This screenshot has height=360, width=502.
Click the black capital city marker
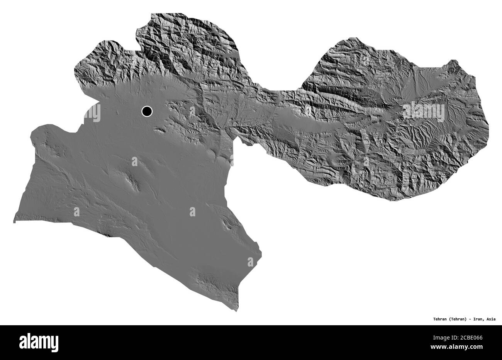click(x=147, y=111)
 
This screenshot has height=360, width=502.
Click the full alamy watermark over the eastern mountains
click(x=424, y=111)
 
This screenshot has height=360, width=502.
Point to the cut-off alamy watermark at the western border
click(x=93, y=112)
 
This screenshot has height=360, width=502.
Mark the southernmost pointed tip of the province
click(x=236, y=311)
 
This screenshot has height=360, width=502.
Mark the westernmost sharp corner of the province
click(x=14, y=222)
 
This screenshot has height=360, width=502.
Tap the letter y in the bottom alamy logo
click(x=54, y=344)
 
